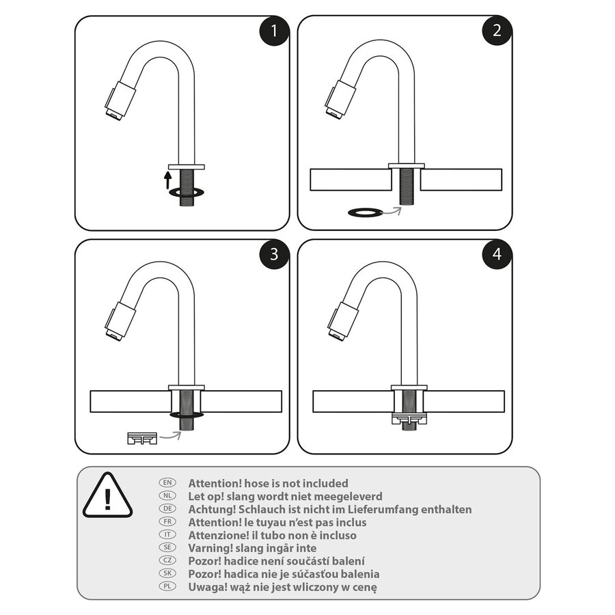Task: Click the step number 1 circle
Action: tap(274, 31)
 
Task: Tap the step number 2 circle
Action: tap(497, 31)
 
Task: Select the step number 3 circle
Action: tap(274, 254)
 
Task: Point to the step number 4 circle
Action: tap(497, 254)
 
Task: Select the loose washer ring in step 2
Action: tap(365, 213)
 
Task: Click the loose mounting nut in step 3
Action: tap(142, 437)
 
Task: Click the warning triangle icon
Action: tap(107, 495)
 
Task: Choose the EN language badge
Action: tap(167, 483)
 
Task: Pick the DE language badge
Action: tap(167, 509)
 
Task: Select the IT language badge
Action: tap(167, 535)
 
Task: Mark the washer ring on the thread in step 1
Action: tap(185, 193)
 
